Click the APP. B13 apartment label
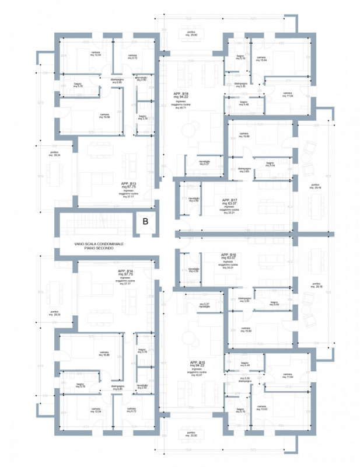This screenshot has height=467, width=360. coord(128,183)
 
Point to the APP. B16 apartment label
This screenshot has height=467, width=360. coord(228,255)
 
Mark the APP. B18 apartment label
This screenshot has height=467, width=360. coord(181,93)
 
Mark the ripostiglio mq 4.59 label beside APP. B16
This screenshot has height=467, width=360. coord(193,270)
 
